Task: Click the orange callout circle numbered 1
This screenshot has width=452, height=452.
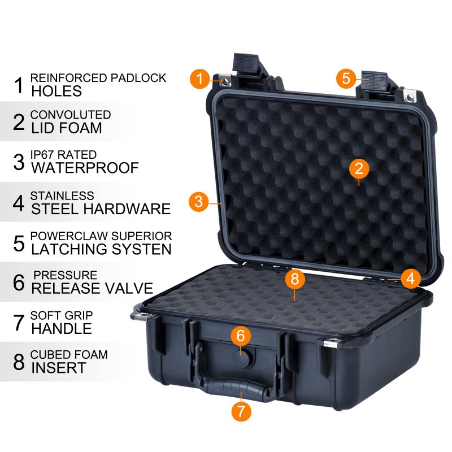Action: click(200, 78)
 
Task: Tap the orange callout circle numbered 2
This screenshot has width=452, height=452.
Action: click(359, 168)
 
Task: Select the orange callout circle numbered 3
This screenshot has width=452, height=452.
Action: click(198, 201)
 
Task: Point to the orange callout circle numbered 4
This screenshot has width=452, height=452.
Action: click(411, 277)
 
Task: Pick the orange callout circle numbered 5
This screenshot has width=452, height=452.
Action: click(347, 78)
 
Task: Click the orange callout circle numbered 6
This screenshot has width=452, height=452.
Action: click(241, 336)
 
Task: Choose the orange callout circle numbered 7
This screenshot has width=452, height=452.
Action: click(241, 411)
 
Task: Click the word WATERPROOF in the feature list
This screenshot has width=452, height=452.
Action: click(85, 168)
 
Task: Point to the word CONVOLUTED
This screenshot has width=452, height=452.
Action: click(71, 115)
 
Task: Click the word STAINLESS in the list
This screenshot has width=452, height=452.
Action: click(62, 195)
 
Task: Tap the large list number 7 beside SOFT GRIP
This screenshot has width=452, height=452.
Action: click(19, 322)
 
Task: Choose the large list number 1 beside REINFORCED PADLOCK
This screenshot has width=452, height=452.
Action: click(19, 85)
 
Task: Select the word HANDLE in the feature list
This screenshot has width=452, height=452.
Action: click(62, 328)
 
